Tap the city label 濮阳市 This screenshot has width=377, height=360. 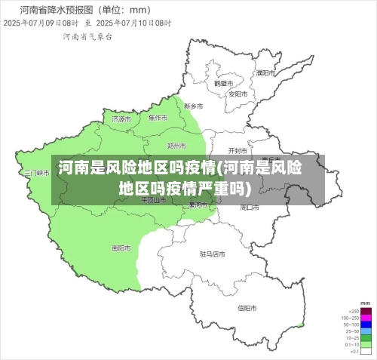[264, 73]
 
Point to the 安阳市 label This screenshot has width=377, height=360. [238, 94]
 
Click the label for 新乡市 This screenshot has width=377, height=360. [194, 106]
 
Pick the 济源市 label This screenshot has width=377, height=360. [121, 118]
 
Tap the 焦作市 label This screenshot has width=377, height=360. [158, 118]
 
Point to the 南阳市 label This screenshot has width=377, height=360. [121, 247]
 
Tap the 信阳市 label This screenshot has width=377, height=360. [247, 307]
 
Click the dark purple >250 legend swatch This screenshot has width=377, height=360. [366, 311]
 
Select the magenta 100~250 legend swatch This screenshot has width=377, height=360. [366, 318]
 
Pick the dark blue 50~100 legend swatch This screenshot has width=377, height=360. [366, 325]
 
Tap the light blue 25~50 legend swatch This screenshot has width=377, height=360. [366, 331]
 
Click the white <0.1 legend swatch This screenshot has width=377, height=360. [366, 352]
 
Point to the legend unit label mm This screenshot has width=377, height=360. [366, 303]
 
